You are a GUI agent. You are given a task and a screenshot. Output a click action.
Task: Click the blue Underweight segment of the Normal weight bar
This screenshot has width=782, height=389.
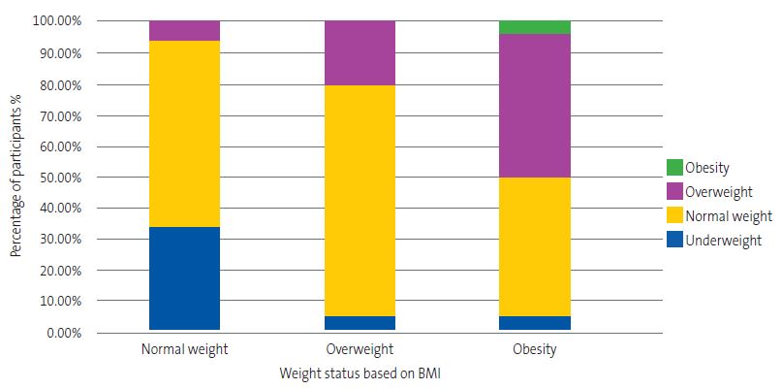(x=184, y=278)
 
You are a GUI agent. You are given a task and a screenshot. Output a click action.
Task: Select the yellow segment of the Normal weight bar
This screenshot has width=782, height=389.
(x=184, y=134)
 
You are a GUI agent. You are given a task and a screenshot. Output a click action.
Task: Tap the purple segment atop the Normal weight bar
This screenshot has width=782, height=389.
(x=184, y=30)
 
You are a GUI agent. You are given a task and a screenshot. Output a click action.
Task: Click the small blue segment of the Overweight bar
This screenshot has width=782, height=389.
(x=360, y=323)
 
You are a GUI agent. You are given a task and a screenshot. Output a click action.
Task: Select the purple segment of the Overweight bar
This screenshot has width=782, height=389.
(x=360, y=52)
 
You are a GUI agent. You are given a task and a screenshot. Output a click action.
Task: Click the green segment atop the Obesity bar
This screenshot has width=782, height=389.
(x=534, y=27)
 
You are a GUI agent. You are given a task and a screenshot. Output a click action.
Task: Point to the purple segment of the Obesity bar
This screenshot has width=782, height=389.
(x=534, y=106)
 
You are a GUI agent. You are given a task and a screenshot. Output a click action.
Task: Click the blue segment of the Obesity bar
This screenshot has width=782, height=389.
(x=534, y=323)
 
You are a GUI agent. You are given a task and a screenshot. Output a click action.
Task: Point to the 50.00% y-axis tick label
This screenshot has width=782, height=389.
(x=57, y=178)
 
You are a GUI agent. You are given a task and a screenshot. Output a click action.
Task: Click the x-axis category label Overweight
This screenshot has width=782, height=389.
(x=360, y=349)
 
